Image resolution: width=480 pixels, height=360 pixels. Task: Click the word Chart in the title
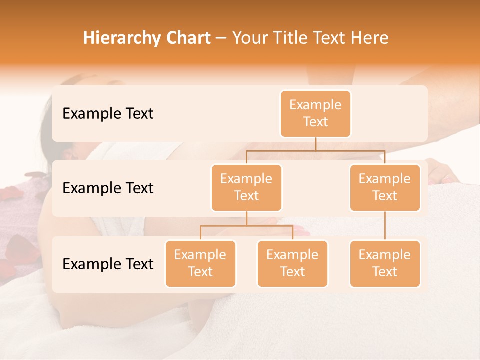(188, 38)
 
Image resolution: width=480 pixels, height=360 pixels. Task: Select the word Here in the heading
(369, 38)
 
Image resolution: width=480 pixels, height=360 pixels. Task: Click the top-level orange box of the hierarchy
(315, 113)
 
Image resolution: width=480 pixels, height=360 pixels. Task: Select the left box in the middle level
(246, 187)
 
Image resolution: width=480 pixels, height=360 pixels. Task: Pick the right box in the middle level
(385, 187)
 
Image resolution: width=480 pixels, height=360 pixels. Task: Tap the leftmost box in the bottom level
(200, 263)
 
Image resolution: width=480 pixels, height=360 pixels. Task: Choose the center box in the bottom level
(292, 263)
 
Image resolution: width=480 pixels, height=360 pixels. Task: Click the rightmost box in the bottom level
(385, 263)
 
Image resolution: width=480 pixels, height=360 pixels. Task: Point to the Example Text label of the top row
(108, 114)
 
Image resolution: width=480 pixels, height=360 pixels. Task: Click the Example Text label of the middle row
(108, 188)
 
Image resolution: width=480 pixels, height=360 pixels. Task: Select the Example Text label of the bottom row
(108, 264)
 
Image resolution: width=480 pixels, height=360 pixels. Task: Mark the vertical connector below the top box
(315, 144)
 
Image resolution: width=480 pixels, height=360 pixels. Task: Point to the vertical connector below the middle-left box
(246, 218)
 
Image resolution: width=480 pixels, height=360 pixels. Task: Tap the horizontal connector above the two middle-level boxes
(315, 150)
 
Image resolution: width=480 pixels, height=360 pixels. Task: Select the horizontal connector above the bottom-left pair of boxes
(246, 226)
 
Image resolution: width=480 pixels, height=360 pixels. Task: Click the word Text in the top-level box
(315, 122)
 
